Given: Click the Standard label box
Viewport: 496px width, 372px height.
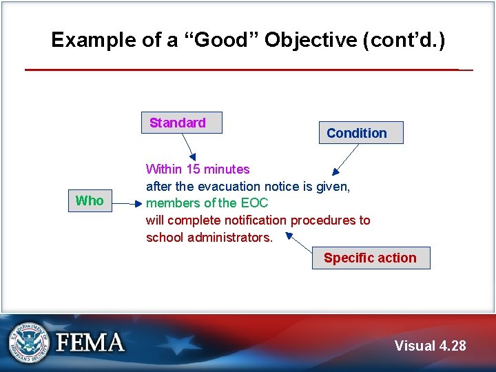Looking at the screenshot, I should click(x=181, y=123).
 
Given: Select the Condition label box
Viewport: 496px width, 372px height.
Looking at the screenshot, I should click(x=360, y=133).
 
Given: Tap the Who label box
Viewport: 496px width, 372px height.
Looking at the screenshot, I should click(x=90, y=201).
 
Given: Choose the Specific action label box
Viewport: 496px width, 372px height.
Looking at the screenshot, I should click(x=371, y=258).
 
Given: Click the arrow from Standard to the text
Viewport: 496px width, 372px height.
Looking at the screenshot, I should click(x=188, y=147).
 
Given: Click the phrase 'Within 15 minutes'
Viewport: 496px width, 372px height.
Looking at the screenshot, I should click(x=198, y=169).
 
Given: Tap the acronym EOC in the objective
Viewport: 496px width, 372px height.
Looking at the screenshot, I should click(x=254, y=203).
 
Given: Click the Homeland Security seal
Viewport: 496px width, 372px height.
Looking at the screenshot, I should click(x=29, y=342).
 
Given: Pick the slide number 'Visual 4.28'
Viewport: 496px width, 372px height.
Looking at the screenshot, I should click(x=430, y=346).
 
